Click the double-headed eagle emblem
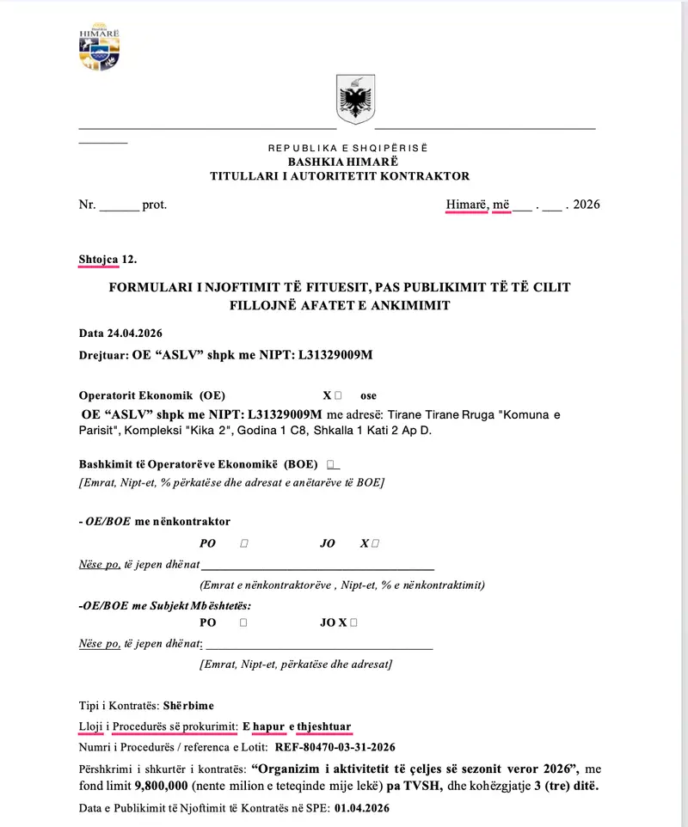tap(353, 101)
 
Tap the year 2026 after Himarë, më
tap(586, 205)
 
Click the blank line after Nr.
tap(120, 205)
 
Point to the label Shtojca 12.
tap(107, 258)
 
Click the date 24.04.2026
tap(133, 333)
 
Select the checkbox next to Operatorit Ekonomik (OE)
tap(338, 396)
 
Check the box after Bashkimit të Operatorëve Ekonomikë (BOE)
tap(333, 463)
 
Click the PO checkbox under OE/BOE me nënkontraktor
tap(245, 543)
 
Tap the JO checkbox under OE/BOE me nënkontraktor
tap(375, 543)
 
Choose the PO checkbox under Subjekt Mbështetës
tap(244, 622)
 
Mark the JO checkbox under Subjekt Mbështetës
tap(353, 622)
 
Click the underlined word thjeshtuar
tap(323, 726)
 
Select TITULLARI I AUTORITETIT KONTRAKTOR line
tap(340, 176)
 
